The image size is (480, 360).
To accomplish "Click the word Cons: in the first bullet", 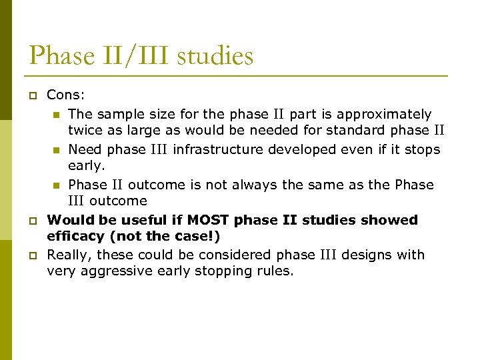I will [65, 96].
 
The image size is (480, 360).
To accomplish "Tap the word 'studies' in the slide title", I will [215, 55].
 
